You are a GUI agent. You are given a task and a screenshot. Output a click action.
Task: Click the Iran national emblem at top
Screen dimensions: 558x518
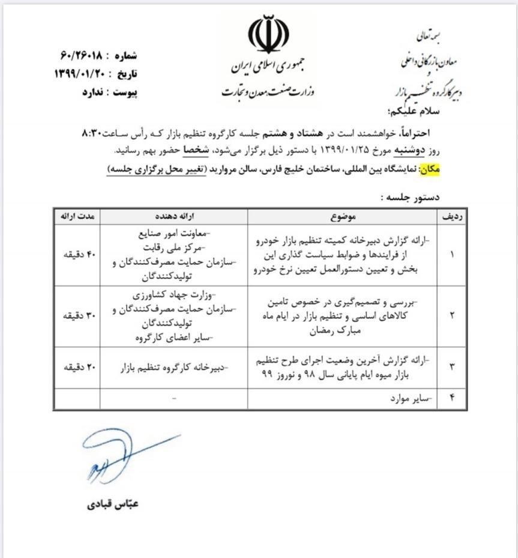tap(268, 35)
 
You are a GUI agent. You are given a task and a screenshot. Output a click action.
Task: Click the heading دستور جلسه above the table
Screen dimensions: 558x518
tap(411, 196)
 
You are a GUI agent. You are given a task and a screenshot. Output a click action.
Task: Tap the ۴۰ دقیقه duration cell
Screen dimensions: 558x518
tap(77, 255)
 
